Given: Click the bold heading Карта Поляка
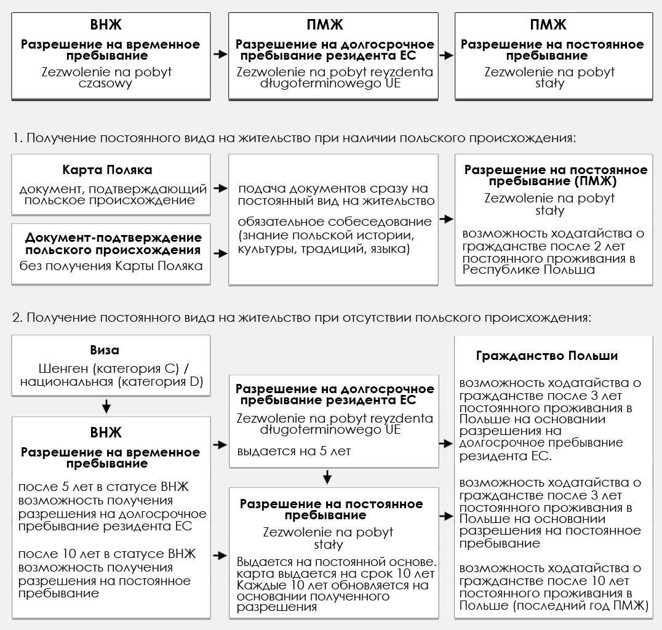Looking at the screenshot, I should [107, 170].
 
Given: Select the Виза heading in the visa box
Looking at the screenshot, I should [105, 350].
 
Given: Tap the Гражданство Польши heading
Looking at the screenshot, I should [547, 356].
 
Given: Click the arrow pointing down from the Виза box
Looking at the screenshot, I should [106, 406].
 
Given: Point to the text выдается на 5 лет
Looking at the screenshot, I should [293, 451].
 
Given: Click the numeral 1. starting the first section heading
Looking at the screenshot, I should [17, 138].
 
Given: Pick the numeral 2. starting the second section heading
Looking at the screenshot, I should [17, 318].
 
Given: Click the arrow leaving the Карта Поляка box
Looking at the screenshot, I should [219, 188].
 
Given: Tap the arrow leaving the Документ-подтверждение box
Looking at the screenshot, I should [219, 252].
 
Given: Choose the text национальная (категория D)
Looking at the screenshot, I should [111, 382].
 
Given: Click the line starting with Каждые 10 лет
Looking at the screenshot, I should [332, 585].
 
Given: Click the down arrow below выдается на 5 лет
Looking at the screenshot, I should [327, 477].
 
